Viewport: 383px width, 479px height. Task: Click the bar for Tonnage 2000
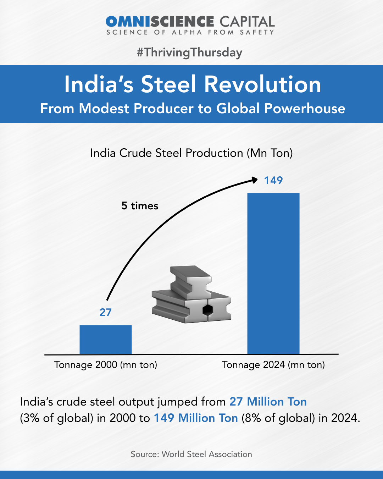pos(105,340)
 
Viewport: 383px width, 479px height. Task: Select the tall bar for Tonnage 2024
pos(273,273)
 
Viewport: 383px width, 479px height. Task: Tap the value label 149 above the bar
pos(273,181)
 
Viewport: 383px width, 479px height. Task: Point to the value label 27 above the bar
pos(105,312)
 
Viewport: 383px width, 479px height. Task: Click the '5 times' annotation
pos(140,206)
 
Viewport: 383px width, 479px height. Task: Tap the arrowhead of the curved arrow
pos(255,180)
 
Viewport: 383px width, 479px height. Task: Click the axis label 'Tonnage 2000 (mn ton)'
pos(105,365)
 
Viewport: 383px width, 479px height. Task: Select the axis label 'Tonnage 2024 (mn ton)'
pos(273,365)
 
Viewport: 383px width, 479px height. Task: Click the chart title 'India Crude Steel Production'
pos(191,153)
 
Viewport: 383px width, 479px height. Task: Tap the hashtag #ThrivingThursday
pos(189,53)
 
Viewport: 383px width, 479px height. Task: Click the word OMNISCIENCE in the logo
pos(160,22)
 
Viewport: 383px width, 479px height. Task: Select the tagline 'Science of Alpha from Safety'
pos(190,32)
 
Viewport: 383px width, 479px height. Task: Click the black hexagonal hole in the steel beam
pos(207,310)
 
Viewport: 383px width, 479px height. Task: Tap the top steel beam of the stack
pos(190,280)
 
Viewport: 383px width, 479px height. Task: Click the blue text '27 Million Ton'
pos(268,402)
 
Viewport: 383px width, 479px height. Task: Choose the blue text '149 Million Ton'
pos(195,418)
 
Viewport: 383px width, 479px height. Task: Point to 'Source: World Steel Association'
pos(191,454)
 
